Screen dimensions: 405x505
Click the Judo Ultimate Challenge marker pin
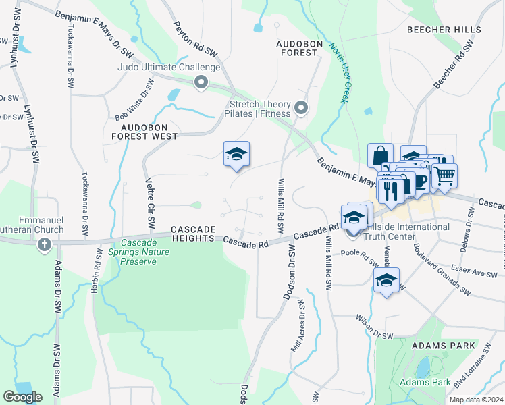pos(201,83)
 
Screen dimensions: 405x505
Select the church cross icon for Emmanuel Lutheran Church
pos(45,244)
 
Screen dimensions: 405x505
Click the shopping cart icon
pos(444,176)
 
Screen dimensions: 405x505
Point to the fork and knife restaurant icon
pos(390,190)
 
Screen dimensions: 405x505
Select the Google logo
pos(22,397)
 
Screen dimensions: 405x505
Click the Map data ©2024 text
pos(475,400)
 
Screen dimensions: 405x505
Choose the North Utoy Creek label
pos(338,73)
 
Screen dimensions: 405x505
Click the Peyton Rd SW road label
pos(195,38)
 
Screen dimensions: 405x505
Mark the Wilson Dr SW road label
pos(374,327)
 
